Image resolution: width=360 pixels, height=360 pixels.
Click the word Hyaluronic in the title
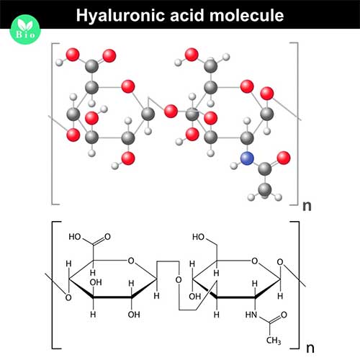click(x=121, y=16)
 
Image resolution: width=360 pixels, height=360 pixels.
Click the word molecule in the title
click(x=246, y=15)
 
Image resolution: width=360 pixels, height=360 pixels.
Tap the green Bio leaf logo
click(x=25, y=30)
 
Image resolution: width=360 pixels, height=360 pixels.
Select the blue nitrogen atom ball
click(x=247, y=158)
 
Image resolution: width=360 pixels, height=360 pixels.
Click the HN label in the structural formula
click(x=251, y=315)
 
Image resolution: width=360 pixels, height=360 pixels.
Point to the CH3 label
click(x=274, y=341)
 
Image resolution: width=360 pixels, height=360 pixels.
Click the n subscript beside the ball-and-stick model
click(x=307, y=206)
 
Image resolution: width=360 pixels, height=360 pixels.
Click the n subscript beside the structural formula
click(x=310, y=348)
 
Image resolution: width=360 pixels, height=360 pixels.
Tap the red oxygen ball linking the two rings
click(x=171, y=112)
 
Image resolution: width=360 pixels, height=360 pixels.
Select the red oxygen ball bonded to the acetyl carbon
click(x=284, y=158)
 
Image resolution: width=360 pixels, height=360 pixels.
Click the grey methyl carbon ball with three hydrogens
click(x=265, y=190)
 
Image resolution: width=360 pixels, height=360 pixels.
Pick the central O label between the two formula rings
click(x=179, y=280)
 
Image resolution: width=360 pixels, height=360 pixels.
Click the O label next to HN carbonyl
click(x=284, y=315)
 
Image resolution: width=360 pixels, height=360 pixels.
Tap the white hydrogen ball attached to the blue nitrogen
click(x=234, y=166)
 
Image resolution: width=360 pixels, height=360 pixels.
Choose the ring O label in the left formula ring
click(x=131, y=261)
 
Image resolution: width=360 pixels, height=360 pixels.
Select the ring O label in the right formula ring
click(x=254, y=261)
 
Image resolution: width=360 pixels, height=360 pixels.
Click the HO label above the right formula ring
click(x=198, y=237)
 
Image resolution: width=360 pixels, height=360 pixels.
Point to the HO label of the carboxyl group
click(x=75, y=237)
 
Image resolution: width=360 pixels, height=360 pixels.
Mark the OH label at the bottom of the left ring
click(x=134, y=315)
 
